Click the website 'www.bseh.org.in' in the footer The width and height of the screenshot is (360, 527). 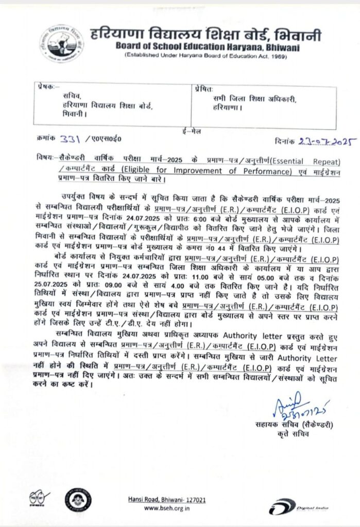click(167, 508)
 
